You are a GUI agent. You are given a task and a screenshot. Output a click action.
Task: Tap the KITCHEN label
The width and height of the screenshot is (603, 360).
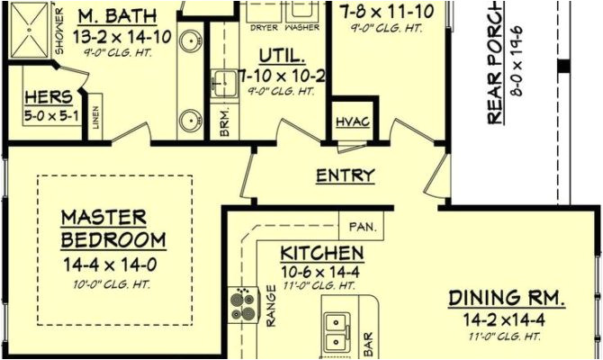(321, 253)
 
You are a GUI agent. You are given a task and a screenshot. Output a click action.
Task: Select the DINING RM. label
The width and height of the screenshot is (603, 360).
(507, 298)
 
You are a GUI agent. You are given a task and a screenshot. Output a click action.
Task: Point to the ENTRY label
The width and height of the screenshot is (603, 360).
(346, 176)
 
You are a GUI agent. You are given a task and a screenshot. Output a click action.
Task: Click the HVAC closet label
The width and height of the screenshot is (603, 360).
(352, 122)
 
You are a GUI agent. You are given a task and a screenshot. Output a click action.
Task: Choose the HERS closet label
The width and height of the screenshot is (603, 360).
(42, 98)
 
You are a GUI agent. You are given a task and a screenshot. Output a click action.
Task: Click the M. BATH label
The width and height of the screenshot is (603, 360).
(117, 16)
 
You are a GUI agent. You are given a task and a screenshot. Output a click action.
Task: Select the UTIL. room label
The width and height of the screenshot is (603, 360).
(278, 54)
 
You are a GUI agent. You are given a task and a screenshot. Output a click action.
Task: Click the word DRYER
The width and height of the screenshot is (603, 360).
(263, 28)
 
